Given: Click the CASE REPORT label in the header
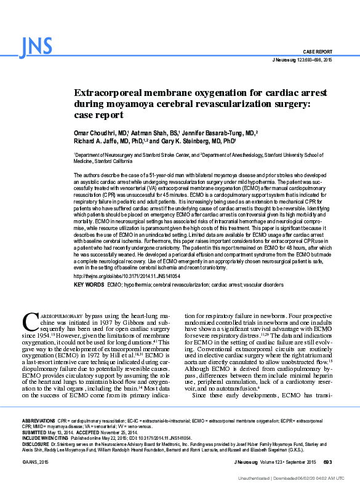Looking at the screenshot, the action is [x=317, y=52].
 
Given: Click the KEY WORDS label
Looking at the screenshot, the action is [x=89, y=285].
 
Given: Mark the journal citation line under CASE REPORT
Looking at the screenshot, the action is [x=302, y=60].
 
